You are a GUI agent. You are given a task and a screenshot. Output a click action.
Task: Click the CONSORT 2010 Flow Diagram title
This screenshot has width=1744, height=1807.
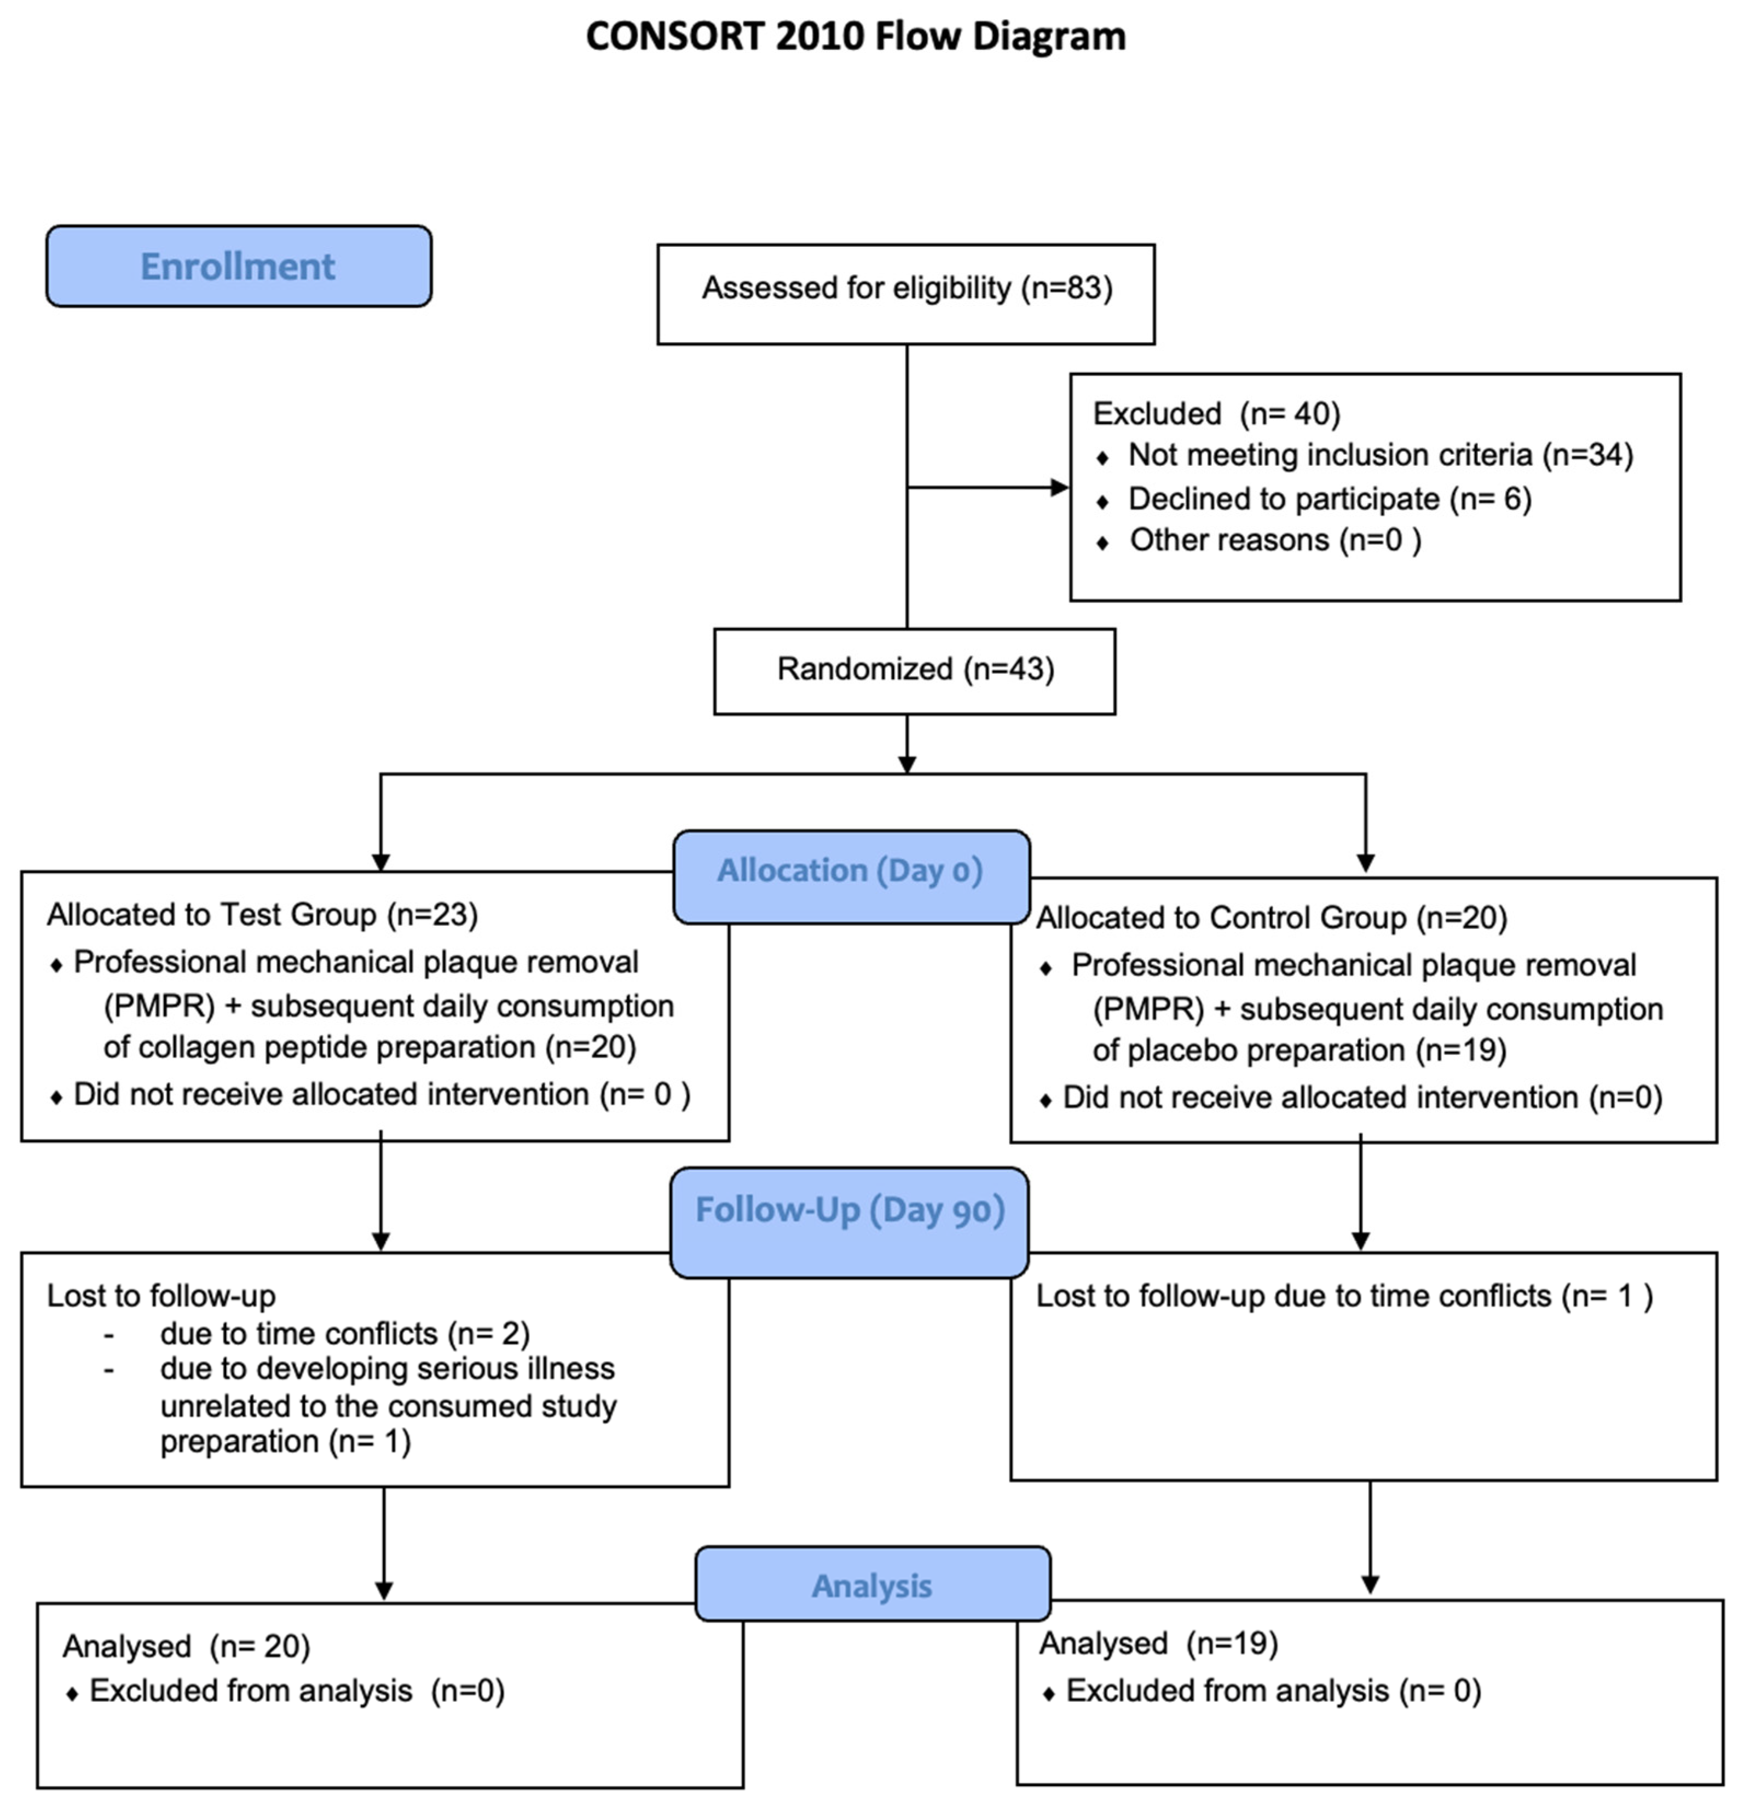[x=856, y=37]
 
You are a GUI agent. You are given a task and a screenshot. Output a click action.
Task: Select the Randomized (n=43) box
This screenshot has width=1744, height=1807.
[x=914, y=669]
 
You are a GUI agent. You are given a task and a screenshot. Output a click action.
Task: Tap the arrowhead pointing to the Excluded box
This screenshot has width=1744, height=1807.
[x=1060, y=488]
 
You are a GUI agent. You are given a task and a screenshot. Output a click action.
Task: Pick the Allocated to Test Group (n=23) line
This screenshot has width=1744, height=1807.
[x=263, y=915]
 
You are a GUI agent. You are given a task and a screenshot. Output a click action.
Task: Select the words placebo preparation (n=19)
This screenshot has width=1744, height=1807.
[x=1300, y=1051]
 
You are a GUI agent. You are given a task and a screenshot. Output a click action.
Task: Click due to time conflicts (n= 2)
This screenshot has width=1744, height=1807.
[x=345, y=1334]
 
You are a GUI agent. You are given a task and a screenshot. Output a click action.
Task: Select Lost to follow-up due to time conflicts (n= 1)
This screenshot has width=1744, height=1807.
[x=1344, y=1296]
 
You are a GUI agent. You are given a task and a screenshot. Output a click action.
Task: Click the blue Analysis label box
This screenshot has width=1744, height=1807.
[x=872, y=1586]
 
